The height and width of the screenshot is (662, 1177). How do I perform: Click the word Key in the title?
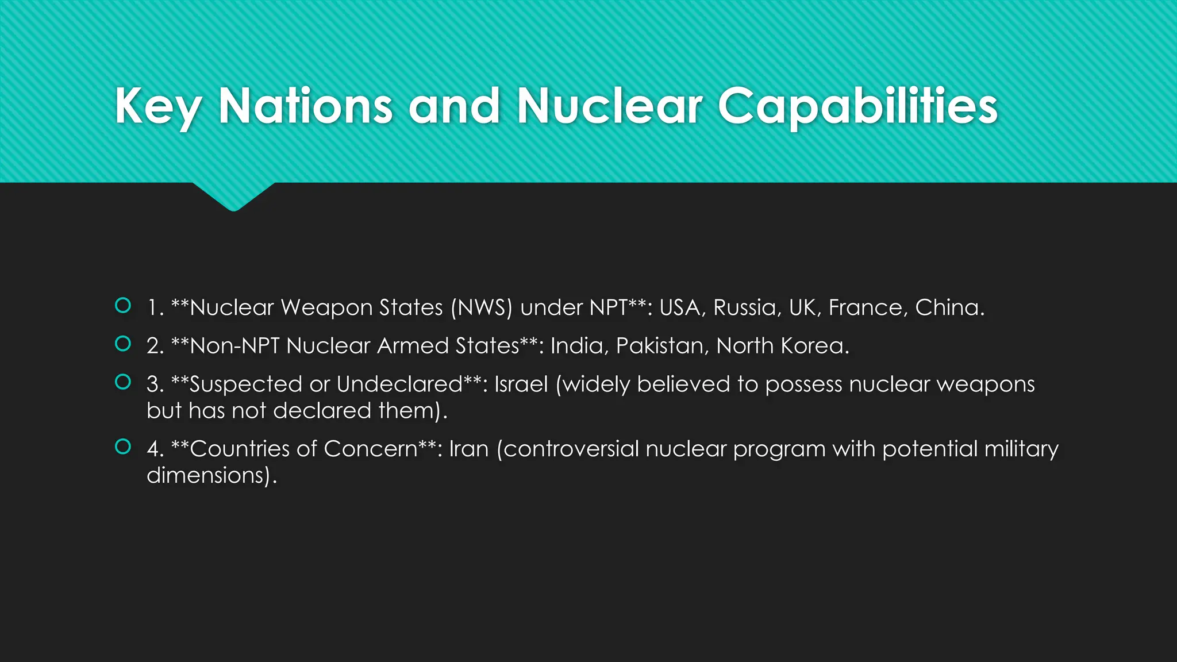[158, 107]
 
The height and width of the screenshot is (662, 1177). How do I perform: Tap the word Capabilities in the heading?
[857, 107]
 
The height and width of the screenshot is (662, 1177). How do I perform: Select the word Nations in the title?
[305, 107]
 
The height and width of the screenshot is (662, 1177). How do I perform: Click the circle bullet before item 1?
[123, 305]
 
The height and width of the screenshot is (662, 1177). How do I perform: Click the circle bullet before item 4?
[123, 447]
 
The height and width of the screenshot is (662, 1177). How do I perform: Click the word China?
[949, 307]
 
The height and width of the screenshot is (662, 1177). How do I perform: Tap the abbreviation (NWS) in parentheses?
[481, 307]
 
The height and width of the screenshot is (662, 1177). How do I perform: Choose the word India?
[579, 346]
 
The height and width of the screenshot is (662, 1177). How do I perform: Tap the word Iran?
[468, 449]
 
